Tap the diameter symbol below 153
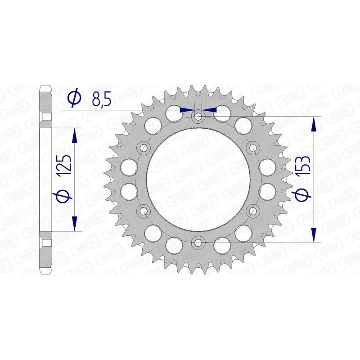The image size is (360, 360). pos(303,195)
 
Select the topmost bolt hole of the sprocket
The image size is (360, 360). pos(198,116)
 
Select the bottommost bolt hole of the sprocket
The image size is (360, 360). pos(198,242)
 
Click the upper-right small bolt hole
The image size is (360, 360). pos(252,147)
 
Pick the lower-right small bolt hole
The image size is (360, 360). pos(252,210)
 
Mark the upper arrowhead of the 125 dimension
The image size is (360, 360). pos(75,134)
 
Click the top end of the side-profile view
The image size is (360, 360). pos(46,86)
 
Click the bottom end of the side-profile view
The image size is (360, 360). pos(46,273)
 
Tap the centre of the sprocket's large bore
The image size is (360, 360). pos(198,179)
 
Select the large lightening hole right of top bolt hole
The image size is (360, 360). pos(222,113)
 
